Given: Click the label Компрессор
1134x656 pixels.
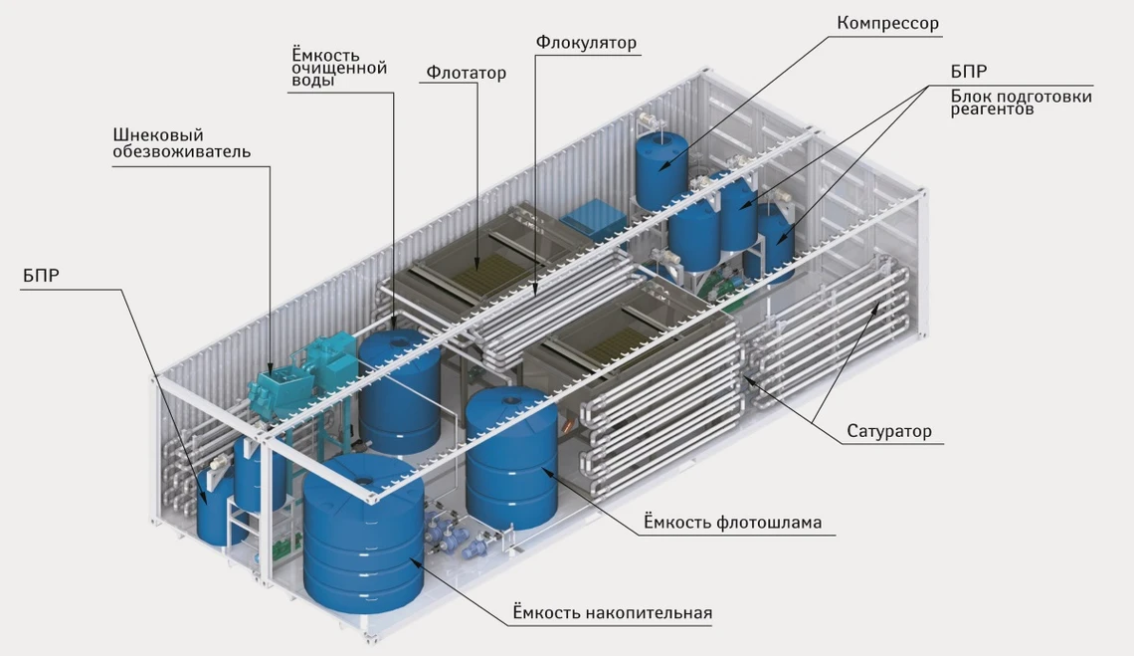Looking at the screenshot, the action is (887, 23).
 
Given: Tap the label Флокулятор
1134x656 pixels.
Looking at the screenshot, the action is (586, 43).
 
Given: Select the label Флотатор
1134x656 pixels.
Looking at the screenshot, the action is (466, 73).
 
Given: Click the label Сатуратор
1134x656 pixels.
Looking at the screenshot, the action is (889, 432).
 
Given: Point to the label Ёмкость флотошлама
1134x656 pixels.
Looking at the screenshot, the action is (732, 522).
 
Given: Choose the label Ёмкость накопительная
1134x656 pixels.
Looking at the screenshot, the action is (613, 612).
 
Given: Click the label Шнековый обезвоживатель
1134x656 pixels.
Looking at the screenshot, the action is (181, 143).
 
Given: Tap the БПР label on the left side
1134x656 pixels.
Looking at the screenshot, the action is (41, 275).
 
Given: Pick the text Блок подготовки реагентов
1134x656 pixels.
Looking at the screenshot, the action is (1022, 103).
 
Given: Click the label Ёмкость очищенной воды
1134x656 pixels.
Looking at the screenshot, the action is (339, 67).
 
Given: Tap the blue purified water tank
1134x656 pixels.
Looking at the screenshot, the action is (399, 391).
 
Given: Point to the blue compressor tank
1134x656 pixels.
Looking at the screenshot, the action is (661, 171).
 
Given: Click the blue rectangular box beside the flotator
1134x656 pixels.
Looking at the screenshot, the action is (592, 218).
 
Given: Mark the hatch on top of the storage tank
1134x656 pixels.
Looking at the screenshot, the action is (364, 481).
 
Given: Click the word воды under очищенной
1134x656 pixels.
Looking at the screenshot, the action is (313, 81).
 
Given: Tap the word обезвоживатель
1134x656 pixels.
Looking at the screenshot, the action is (181, 152).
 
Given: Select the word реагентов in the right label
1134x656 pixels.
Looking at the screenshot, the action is (993, 110).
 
